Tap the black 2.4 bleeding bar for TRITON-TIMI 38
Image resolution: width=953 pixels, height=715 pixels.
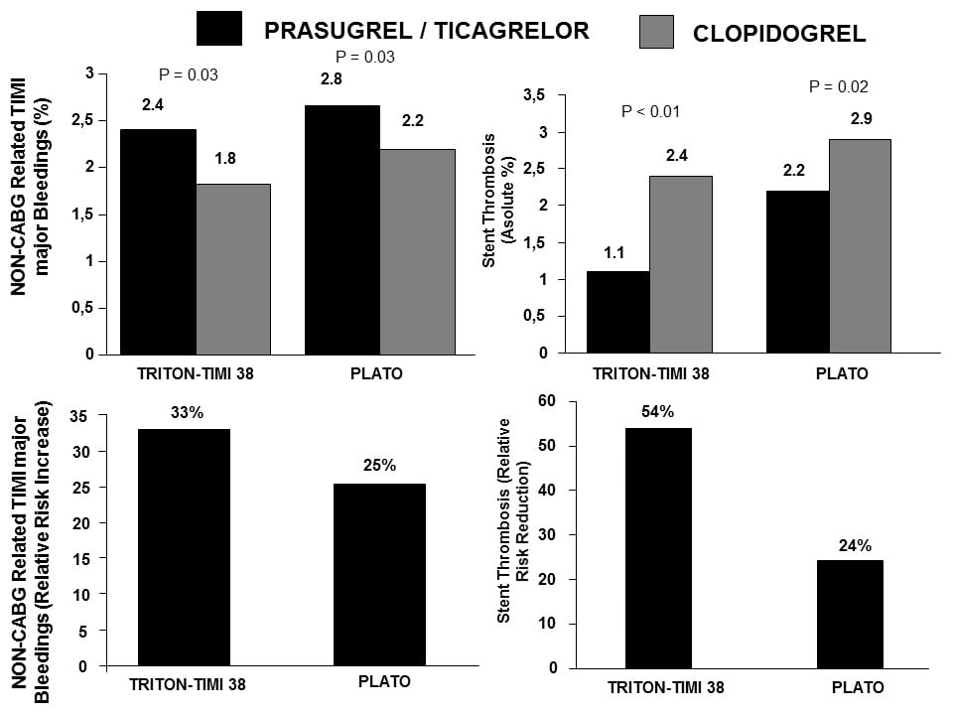(158, 241)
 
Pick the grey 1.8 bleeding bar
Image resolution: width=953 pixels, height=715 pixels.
(233, 268)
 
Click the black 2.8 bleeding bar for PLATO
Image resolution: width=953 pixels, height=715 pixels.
(341, 229)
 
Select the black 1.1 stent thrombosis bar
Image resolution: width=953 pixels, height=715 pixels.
(618, 312)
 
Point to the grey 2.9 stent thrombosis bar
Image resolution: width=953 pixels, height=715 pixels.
(860, 246)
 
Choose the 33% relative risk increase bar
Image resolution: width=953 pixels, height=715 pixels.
(184, 547)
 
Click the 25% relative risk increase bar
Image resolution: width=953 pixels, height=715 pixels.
(379, 575)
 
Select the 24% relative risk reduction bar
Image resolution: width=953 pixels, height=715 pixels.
(850, 614)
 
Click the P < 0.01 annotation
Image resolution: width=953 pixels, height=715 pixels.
(650, 111)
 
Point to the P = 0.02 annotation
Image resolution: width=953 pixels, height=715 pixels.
(839, 86)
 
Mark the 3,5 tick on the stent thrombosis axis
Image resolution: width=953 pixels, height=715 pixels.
(563, 95)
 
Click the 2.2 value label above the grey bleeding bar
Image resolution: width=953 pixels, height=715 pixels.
(413, 121)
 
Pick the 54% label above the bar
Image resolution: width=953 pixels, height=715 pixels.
(657, 411)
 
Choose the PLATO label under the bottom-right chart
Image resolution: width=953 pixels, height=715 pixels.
(857, 687)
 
